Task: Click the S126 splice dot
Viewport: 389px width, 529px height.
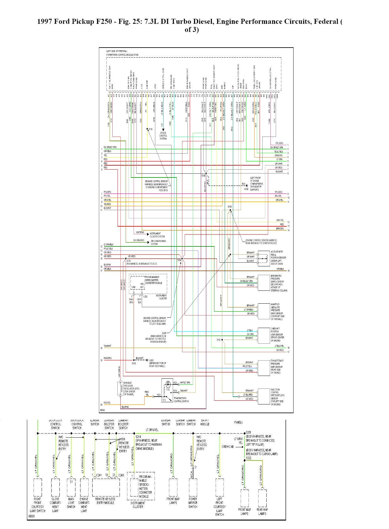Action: coord(147,129)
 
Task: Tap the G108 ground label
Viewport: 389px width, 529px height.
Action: coord(246,189)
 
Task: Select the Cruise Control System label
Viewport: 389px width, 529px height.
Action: coord(163,136)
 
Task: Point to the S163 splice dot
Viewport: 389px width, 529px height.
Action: coord(230,211)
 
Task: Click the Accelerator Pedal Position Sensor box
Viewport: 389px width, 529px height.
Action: coord(264,258)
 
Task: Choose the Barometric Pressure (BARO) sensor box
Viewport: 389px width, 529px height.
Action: coord(264,283)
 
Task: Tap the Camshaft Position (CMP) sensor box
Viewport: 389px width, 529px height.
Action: coord(264,335)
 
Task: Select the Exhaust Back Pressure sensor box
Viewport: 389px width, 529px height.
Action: coord(264,368)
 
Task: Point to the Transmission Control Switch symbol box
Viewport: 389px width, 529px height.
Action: coord(167,390)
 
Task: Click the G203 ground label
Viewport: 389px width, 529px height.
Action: coord(151,360)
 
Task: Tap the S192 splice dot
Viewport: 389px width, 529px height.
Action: coord(222,340)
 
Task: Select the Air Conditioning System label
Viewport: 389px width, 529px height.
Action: coord(158,242)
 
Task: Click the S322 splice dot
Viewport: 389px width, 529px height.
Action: coord(245,460)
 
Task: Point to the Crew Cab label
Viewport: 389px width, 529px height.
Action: coord(228,446)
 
